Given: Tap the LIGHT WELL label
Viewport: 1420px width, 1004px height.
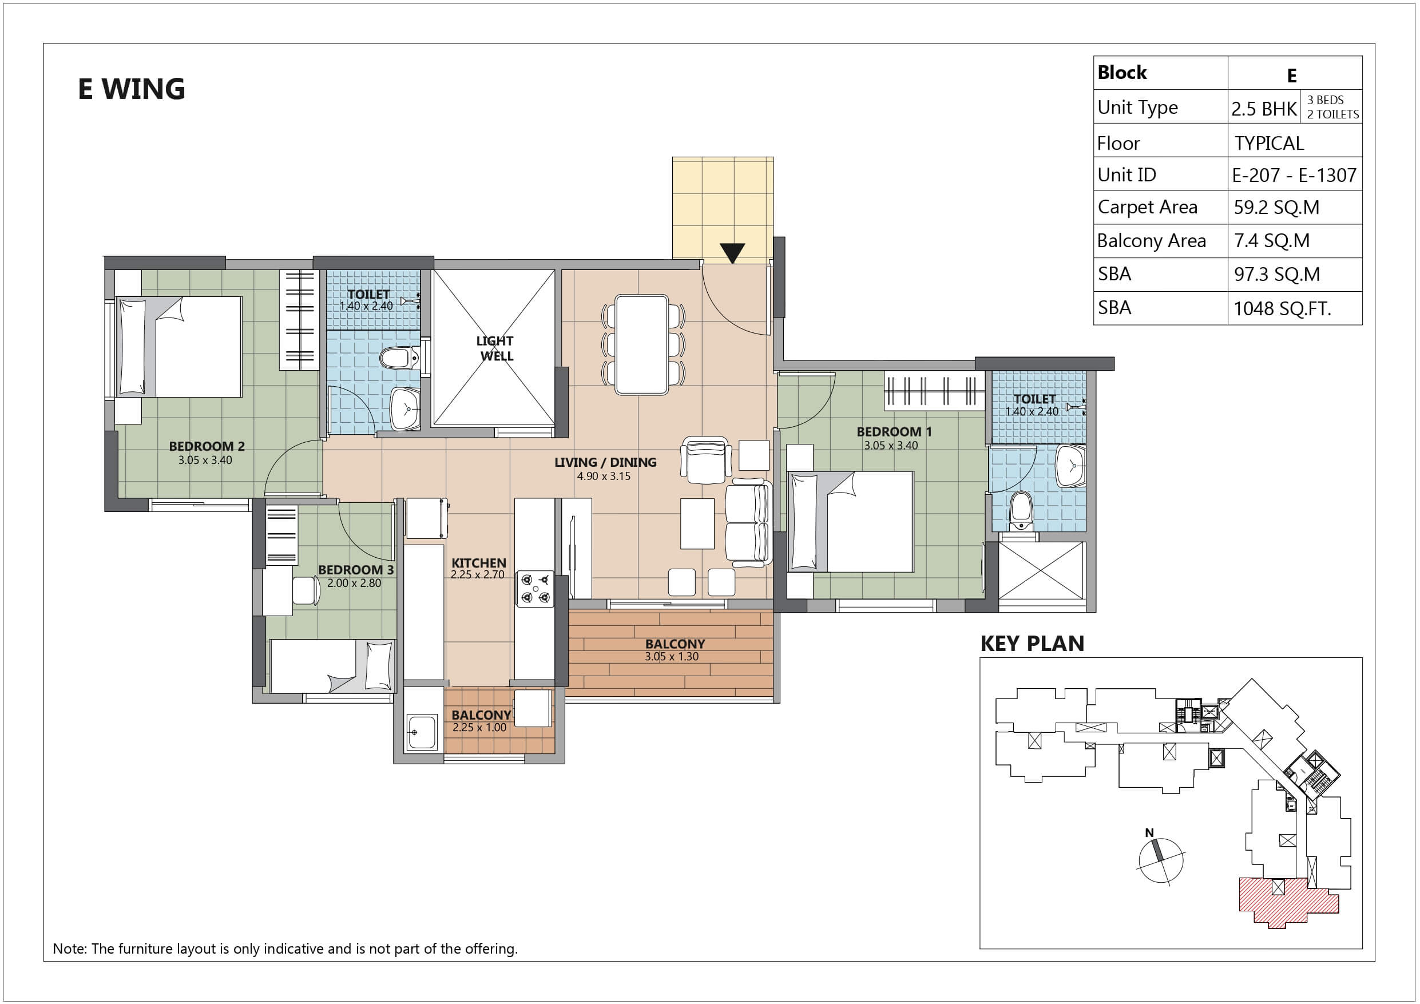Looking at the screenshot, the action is click(495, 348).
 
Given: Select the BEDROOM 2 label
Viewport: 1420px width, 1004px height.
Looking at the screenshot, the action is click(207, 446).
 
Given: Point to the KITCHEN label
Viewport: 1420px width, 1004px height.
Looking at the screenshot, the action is click(479, 563).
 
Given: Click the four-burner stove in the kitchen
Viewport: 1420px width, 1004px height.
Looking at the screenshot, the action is click(535, 589).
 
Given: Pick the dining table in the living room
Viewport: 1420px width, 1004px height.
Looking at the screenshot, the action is click(642, 344).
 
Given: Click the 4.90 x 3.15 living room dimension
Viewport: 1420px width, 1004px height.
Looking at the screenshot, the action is click(604, 477).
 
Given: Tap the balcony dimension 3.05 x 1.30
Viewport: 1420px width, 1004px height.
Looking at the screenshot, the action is click(672, 656).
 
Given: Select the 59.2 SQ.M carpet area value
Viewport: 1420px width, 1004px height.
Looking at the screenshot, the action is click(1276, 207).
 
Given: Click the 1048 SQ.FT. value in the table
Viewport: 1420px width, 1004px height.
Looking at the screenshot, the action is click(1282, 308).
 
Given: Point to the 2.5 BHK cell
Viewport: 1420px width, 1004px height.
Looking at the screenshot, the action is click(1264, 109).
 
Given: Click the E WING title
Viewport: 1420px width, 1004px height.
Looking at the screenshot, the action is click(132, 89).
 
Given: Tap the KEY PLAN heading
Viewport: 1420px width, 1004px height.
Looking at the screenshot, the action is click(1032, 644).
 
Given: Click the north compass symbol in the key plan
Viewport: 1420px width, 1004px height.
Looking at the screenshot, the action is click(1161, 859).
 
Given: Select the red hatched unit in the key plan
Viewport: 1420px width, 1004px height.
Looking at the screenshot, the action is click(1288, 900).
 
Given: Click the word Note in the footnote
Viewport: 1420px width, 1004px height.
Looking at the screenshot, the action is click(70, 949).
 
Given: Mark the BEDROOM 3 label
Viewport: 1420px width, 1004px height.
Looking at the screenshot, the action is click(356, 570).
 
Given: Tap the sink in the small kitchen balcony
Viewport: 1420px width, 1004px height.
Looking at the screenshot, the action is click(422, 732).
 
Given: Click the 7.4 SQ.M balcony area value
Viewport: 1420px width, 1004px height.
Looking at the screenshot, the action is click(1272, 241).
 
